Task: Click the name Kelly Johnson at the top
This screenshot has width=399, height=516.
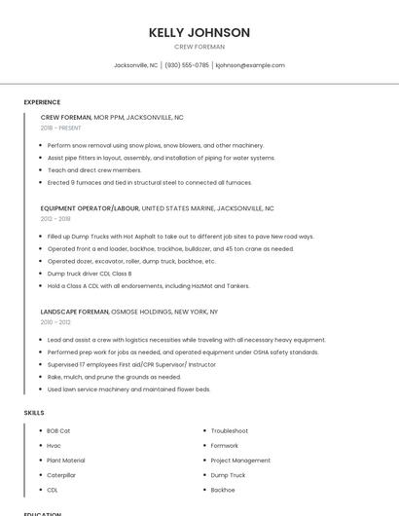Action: pyautogui.click(x=199, y=32)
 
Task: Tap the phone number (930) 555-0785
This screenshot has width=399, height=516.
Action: pyautogui.click(x=187, y=65)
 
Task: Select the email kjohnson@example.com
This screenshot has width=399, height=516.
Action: pyautogui.click(x=250, y=65)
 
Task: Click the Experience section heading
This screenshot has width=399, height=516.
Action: pyautogui.click(x=42, y=102)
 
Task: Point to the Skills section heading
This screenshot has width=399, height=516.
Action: pyautogui.click(x=34, y=413)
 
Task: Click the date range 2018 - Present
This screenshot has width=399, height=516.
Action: pyautogui.click(x=61, y=128)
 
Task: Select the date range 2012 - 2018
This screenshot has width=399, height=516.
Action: pyautogui.click(x=55, y=219)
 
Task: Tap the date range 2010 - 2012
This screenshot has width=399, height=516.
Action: pyautogui.click(x=55, y=322)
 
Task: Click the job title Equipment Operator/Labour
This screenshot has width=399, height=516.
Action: pyautogui.click(x=90, y=208)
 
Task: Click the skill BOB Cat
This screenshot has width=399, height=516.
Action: pyautogui.click(x=58, y=430)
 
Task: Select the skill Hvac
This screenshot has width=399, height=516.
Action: pyautogui.click(x=54, y=445)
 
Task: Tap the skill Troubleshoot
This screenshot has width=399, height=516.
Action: pyautogui.click(x=230, y=430)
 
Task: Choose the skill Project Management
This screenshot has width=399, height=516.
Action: pyautogui.click(x=240, y=461)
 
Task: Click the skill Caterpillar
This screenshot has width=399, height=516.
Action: pyautogui.click(x=61, y=475)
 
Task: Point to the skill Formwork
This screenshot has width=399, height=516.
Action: pyautogui.click(x=225, y=445)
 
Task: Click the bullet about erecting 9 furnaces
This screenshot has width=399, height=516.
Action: pyautogui.click(x=149, y=182)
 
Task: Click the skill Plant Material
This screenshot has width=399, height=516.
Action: pyautogui.click(x=66, y=461)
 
